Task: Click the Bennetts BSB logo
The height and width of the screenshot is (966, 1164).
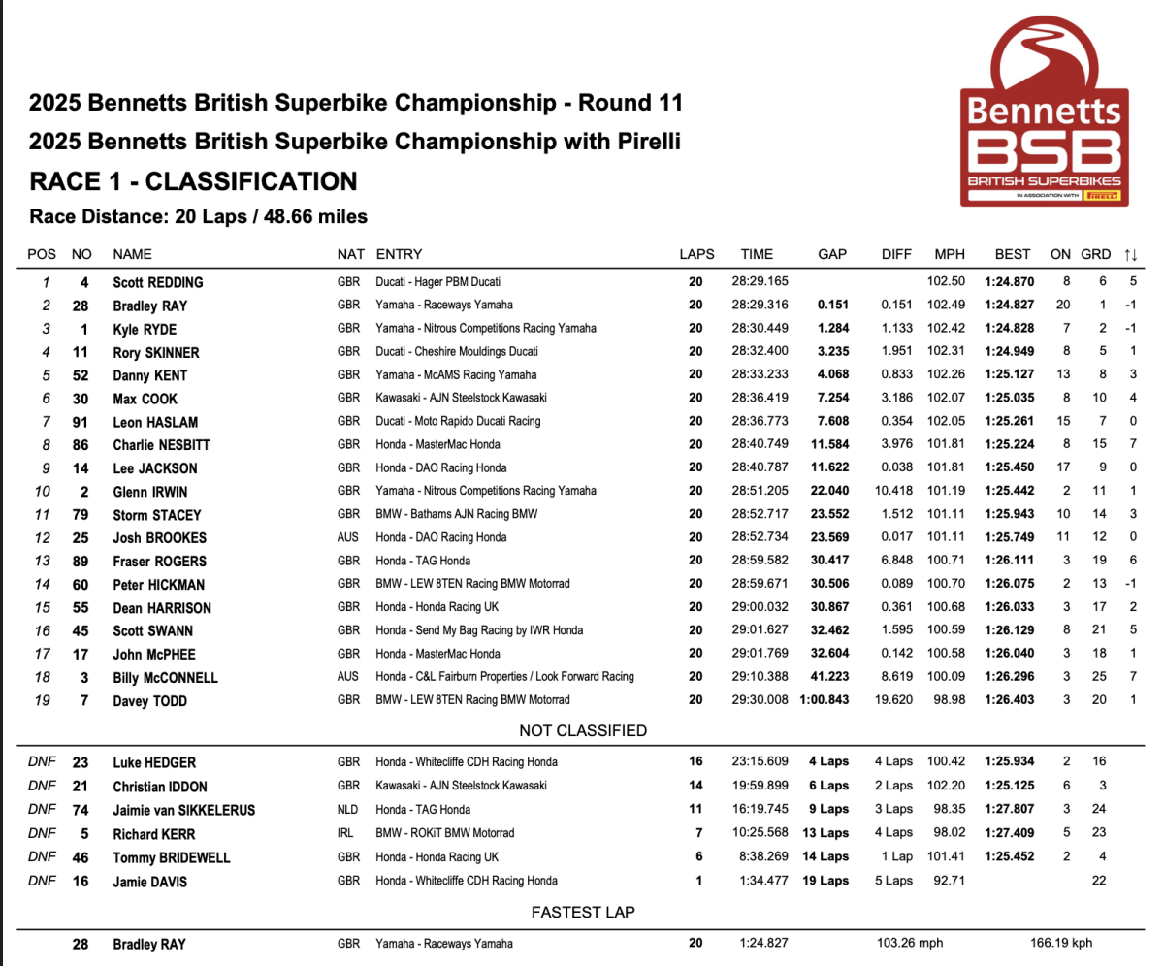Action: (1042, 118)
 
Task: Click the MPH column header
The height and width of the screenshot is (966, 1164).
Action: (950, 255)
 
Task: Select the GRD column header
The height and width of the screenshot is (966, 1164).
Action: (1095, 255)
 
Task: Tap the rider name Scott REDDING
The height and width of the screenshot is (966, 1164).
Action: (158, 282)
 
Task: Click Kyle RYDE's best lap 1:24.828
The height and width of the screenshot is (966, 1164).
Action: (1013, 329)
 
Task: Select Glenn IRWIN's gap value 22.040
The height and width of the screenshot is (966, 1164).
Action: (831, 492)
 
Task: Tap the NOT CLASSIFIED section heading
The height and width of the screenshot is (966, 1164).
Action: (583, 731)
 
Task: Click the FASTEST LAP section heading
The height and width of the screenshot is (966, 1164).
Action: (583, 913)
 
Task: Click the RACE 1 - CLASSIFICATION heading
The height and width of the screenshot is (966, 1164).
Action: (194, 181)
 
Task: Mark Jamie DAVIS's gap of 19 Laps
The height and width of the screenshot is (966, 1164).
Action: (827, 881)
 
